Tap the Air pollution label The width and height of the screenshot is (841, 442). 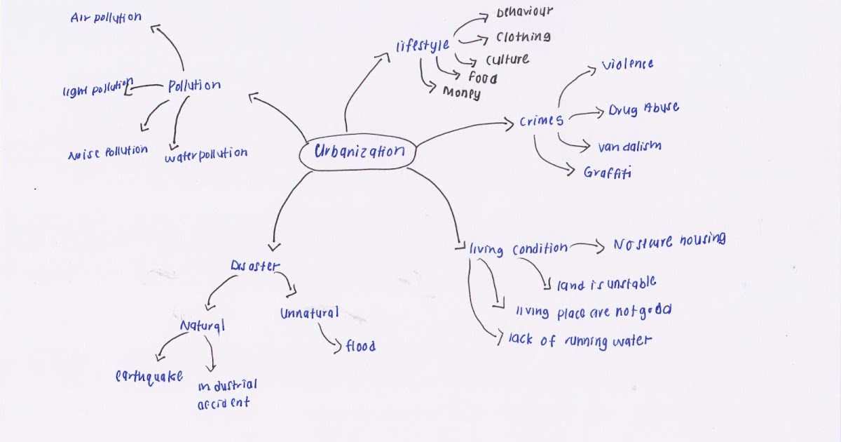(x=106, y=18)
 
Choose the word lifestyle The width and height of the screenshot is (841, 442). (x=422, y=47)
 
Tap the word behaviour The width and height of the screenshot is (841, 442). (x=524, y=13)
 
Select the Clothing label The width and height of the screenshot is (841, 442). (x=523, y=37)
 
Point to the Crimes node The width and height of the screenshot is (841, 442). (x=541, y=121)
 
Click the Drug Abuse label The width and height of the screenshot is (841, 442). (x=643, y=109)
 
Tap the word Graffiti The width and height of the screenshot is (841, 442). (x=607, y=172)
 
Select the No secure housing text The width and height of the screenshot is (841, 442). (x=669, y=242)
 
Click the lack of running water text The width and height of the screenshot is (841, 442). (x=580, y=341)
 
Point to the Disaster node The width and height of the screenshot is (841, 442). (x=255, y=267)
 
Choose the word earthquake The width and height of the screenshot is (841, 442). (x=149, y=377)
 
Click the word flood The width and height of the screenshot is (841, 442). (x=360, y=346)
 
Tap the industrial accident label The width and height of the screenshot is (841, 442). (x=226, y=394)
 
